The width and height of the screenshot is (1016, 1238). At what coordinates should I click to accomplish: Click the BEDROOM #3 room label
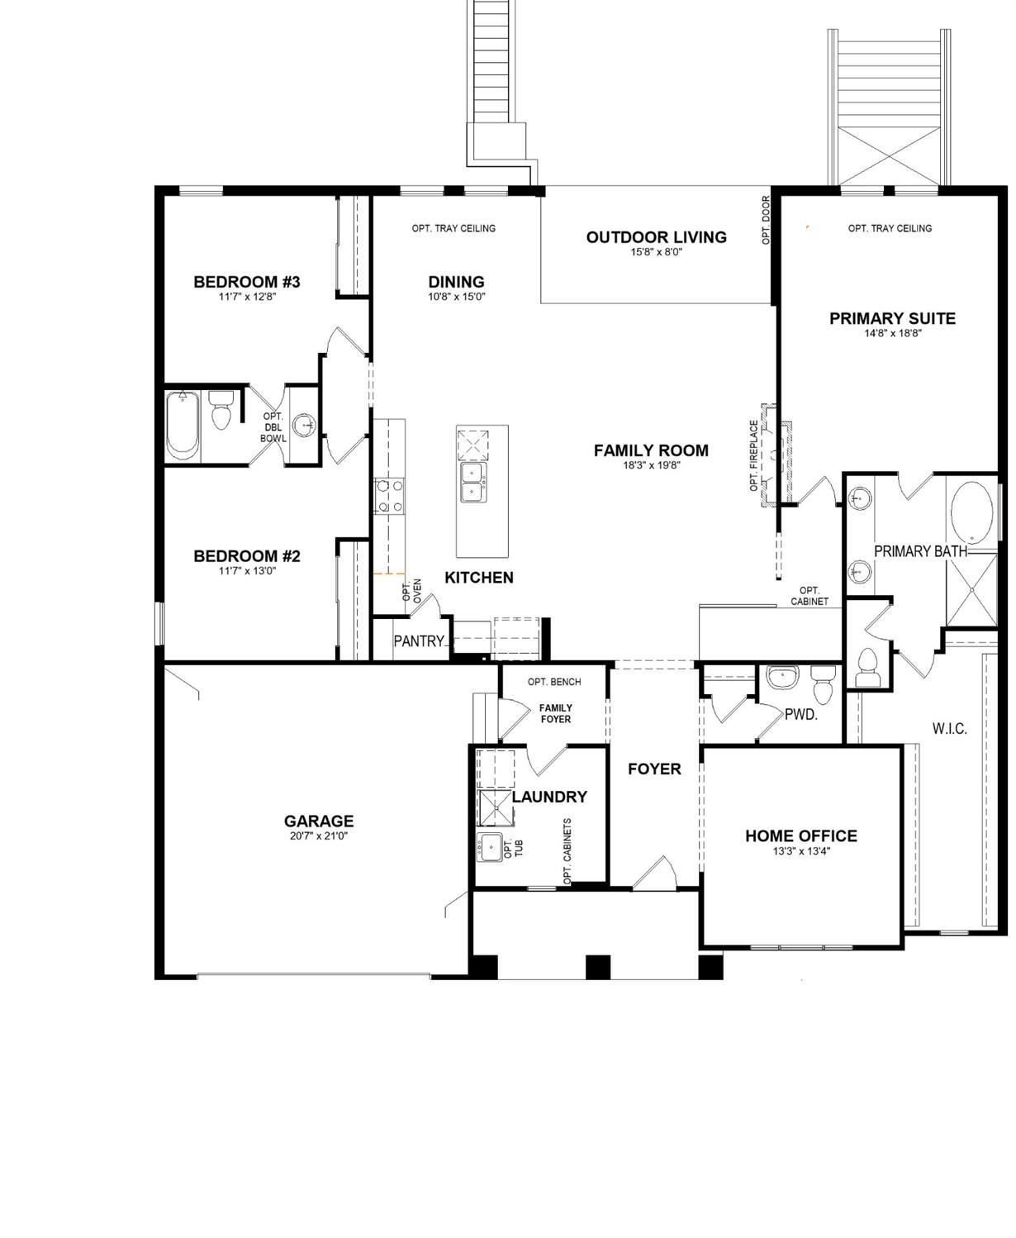pyautogui.click(x=246, y=282)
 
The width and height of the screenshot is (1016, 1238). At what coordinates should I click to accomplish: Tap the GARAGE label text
pyautogui.click(x=319, y=821)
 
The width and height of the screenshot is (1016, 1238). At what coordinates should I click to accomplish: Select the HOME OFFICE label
pyautogui.click(x=800, y=836)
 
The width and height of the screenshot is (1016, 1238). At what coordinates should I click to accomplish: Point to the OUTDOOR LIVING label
pyautogui.click(x=657, y=237)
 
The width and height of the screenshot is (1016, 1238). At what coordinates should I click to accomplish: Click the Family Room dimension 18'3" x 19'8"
pyautogui.click(x=651, y=465)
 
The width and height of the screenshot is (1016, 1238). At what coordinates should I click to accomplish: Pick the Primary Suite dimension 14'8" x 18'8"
pyautogui.click(x=892, y=333)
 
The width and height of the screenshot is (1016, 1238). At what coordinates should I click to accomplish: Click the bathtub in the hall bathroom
pyautogui.click(x=182, y=426)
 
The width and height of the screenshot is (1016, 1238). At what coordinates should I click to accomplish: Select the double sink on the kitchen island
pyautogui.click(x=472, y=483)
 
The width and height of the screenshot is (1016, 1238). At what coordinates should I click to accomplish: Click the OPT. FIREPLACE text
pyautogui.click(x=754, y=455)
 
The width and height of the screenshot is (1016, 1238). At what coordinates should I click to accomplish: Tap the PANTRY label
pyautogui.click(x=419, y=641)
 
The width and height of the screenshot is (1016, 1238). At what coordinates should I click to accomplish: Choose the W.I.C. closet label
pyautogui.click(x=949, y=728)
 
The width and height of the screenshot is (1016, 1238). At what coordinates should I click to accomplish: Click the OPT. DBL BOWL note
pyautogui.click(x=273, y=427)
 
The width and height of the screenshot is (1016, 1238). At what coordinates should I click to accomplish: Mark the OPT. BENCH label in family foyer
pyautogui.click(x=554, y=682)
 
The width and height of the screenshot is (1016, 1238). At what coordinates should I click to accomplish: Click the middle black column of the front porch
pyautogui.click(x=598, y=966)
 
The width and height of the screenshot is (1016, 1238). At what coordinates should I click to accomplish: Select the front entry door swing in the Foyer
pyautogui.click(x=656, y=873)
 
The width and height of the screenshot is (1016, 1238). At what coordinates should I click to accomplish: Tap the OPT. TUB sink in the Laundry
pyautogui.click(x=489, y=846)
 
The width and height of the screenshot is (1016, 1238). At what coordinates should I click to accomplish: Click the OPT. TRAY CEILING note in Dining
pyautogui.click(x=453, y=228)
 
